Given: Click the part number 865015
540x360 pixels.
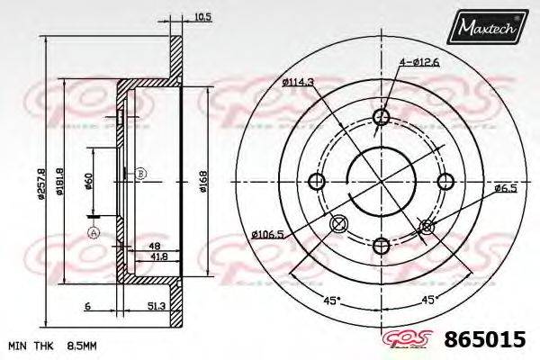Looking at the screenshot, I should pyautogui.click(x=487, y=340).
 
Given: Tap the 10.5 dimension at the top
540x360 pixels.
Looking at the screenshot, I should pyautogui.click(x=178, y=15).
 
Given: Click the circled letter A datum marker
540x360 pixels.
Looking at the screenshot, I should pyautogui.click(x=92, y=233).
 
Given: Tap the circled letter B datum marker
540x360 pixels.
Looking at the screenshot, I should pyautogui.click(x=140, y=173).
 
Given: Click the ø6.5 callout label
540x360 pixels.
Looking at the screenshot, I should pyautogui.click(x=505, y=187).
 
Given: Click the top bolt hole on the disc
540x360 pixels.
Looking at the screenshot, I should pyautogui.click(x=381, y=118).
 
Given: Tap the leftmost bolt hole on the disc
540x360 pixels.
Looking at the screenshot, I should pyautogui.click(x=316, y=182).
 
